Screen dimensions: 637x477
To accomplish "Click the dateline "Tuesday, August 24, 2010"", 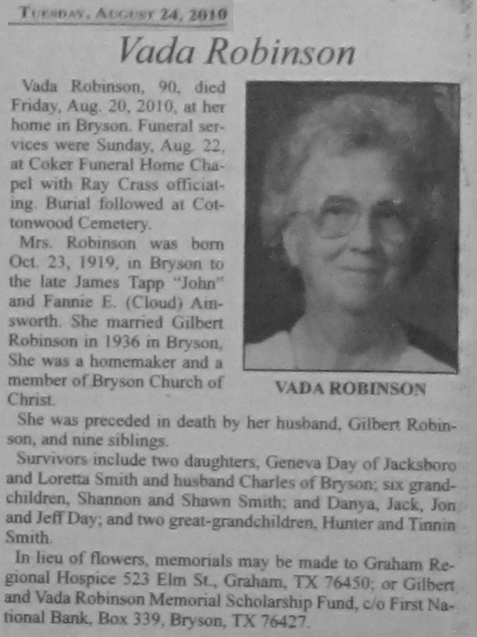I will (x=123, y=13).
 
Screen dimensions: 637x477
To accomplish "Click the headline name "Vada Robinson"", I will (x=237, y=52).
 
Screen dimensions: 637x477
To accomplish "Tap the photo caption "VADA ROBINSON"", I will (x=350, y=389).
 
